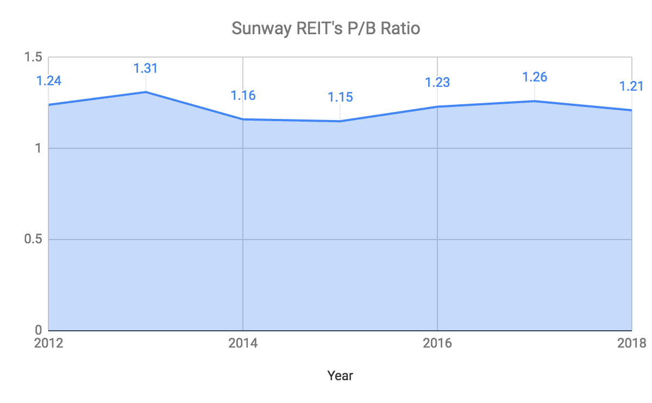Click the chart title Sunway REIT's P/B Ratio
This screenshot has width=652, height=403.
click(326, 28)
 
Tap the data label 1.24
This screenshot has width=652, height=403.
click(49, 81)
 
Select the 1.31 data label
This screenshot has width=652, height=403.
click(146, 68)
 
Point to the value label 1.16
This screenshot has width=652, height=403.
click(243, 96)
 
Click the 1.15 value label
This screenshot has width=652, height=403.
click(340, 97)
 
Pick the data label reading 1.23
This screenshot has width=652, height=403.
click(437, 83)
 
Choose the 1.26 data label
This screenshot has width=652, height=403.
click(535, 77)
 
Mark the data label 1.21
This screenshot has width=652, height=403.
click(631, 86)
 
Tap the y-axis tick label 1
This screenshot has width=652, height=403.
click(39, 148)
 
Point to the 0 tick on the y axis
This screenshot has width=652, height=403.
click(39, 330)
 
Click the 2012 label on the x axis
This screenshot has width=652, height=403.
click(49, 344)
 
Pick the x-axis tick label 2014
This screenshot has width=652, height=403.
click(243, 344)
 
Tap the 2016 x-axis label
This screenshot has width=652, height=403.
click(437, 344)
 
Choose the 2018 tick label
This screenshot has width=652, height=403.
click(631, 344)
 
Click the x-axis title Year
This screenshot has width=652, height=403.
click(340, 375)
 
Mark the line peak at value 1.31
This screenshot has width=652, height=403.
click(146, 92)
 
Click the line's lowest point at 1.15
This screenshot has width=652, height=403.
click(340, 121)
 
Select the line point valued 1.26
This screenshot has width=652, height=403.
click(535, 101)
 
